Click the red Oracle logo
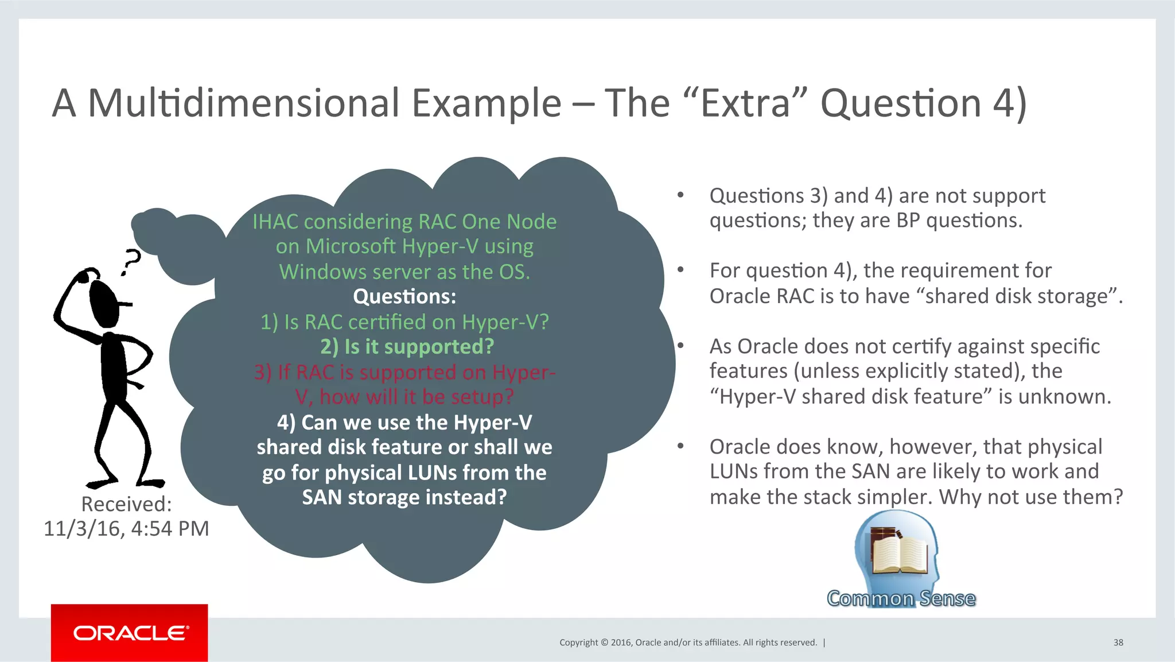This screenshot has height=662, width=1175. [x=130, y=633]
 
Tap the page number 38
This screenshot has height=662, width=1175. [x=1118, y=642]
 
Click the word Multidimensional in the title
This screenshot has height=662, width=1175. [x=243, y=103]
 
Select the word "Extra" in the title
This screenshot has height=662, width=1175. [x=746, y=103]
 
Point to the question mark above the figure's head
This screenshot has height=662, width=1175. [x=131, y=262]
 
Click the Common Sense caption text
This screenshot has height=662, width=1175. [x=901, y=598]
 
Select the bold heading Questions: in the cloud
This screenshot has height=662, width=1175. [x=404, y=297]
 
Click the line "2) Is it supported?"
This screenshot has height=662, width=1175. [x=407, y=347]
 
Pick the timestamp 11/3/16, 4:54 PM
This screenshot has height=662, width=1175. [x=126, y=528]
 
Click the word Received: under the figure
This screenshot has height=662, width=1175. [x=126, y=504]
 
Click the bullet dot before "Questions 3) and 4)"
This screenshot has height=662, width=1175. [x=680, y=196]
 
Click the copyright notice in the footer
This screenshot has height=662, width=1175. [x=688, y=642]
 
